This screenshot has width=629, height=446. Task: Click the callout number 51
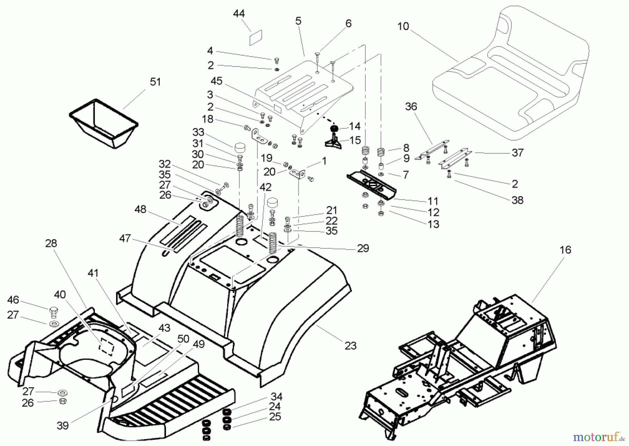[x=155, y=82]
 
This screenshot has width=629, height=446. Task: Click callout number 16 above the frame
[x=565, y=250]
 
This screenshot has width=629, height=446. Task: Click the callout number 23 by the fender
[x=350, y=346]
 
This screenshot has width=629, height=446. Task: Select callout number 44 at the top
[x=239, y=14]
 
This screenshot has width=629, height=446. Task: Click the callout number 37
[x=518, y=153]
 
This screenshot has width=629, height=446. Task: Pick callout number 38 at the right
[x=517, y=200]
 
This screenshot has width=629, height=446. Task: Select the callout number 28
[x=51, y=243]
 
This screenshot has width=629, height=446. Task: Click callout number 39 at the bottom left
[x=63, y=425]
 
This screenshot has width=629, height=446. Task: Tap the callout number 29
[x=363, y=248]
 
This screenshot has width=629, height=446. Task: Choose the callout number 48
[x=140, y=209]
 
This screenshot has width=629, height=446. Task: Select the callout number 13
[x=433, y=224]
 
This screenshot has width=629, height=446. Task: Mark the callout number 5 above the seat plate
[x=298, y=21]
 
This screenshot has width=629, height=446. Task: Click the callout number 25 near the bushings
[x=275, y=417]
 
